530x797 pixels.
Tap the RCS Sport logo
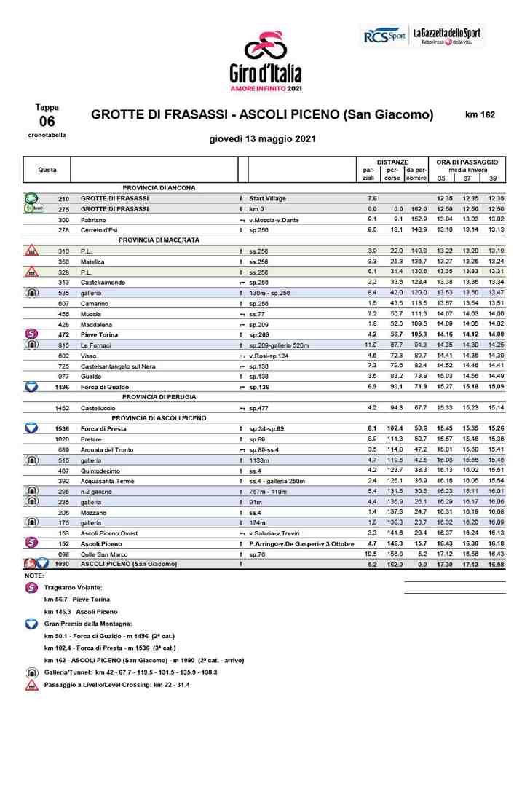click(384, 36)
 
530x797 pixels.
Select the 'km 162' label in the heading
click(480, 115)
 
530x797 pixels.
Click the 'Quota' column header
click(47, 170)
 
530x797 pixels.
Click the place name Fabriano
click(94, 219)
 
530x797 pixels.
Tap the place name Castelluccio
click(99, 408)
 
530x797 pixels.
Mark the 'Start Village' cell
click(267, 198)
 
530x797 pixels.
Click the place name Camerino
click(95, 303)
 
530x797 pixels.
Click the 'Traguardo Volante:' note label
click(74, 586)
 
